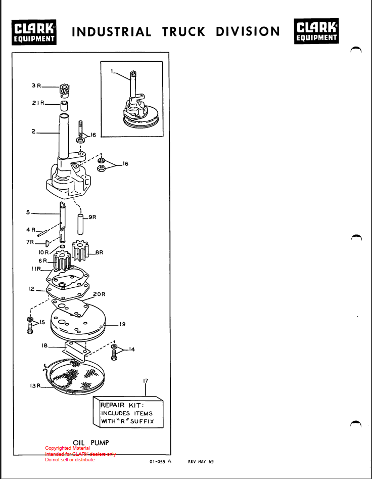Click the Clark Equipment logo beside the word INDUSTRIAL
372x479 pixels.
(34, 32)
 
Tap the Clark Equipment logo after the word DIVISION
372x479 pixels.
(316, 31)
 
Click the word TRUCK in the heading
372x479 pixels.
(183, 32)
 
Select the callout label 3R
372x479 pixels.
(36, 85)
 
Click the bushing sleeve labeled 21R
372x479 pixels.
(64, 106)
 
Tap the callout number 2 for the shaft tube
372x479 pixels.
(33, 132)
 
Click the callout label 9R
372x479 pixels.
(92, 217)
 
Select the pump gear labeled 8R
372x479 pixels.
(80, 250)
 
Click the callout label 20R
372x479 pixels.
(99, 294)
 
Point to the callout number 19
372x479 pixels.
(122, 324)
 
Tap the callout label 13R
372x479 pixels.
(35, 386)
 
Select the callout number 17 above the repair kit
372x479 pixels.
(146, 381)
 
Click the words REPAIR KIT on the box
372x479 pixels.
(122, 405)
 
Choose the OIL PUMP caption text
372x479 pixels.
(91, 443)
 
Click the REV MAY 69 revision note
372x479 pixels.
(201, 462)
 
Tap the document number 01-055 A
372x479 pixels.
(161, 462)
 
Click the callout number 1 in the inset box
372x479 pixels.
(112, 71)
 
